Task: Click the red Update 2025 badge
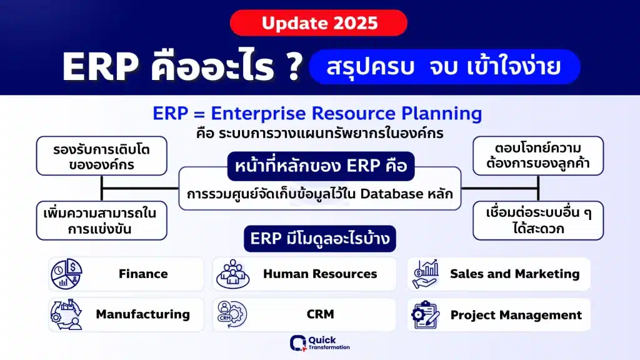[318, 23]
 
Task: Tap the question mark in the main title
[294, 66]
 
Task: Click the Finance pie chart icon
[66, 274]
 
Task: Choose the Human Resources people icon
[232, 274]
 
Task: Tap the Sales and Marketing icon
[426, 274]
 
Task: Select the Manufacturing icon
[66, 314]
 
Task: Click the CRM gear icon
[232, 314]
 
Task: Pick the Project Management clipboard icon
[426, 315]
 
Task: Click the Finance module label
[143, 274]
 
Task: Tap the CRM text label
[321, 314]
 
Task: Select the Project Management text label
[516, 315]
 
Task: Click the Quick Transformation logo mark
[298, 343]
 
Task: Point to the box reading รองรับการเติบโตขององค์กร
[102, 156]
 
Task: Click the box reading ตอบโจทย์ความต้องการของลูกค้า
[538, 156]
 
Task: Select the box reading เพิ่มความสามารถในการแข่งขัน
[102, 221]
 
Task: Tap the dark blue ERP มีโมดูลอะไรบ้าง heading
[320, 238]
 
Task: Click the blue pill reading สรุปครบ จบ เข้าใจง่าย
[444, 67]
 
